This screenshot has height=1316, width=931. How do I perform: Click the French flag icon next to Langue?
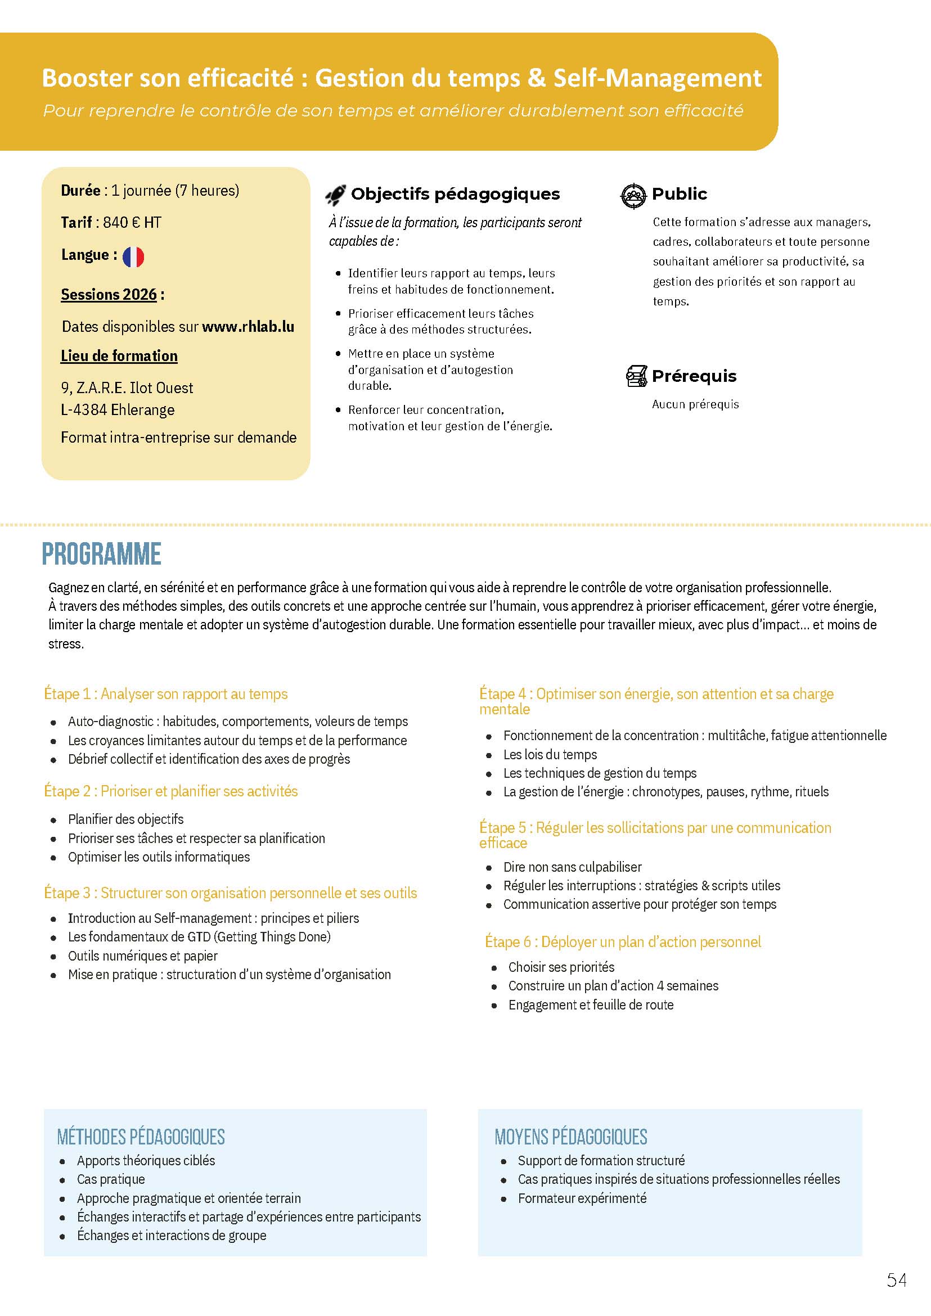click(x=133, y=257)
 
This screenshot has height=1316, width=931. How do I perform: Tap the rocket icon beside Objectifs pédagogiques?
click(x=335, y=195)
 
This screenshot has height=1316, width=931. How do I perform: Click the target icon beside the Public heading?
click(x=633, y=196)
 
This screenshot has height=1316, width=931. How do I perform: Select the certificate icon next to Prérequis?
click(x=636, y=377)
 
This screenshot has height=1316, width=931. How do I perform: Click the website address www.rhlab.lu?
click(x=248, y=327)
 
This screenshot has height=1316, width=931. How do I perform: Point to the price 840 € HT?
click(x=132, y=222)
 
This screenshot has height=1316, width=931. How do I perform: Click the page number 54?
click(x=897, y=1280)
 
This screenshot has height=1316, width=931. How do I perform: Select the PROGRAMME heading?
click(x=101, y=555)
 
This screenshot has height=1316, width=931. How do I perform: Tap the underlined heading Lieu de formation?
click(x=119, y=356)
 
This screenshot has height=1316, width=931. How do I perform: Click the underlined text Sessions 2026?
click(x=109, y=295)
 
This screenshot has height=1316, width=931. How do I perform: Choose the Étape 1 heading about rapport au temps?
click(x=166, y=694)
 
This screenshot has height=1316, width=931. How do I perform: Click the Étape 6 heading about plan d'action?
click(x=623, y=941)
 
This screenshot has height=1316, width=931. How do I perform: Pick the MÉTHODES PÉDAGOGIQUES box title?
click(x=141, y=1137)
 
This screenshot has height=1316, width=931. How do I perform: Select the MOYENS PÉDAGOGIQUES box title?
click(x=570, y=1137)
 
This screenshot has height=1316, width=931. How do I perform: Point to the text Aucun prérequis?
click(x=695, y=405)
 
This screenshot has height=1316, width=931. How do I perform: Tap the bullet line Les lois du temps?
click(x=550, y=754)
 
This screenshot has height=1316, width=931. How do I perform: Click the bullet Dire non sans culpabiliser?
click(x=572, y=867)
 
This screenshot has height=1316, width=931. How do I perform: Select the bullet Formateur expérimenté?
click(x=582, y=1198)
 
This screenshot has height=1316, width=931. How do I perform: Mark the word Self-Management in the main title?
click(x=657, y=79)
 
